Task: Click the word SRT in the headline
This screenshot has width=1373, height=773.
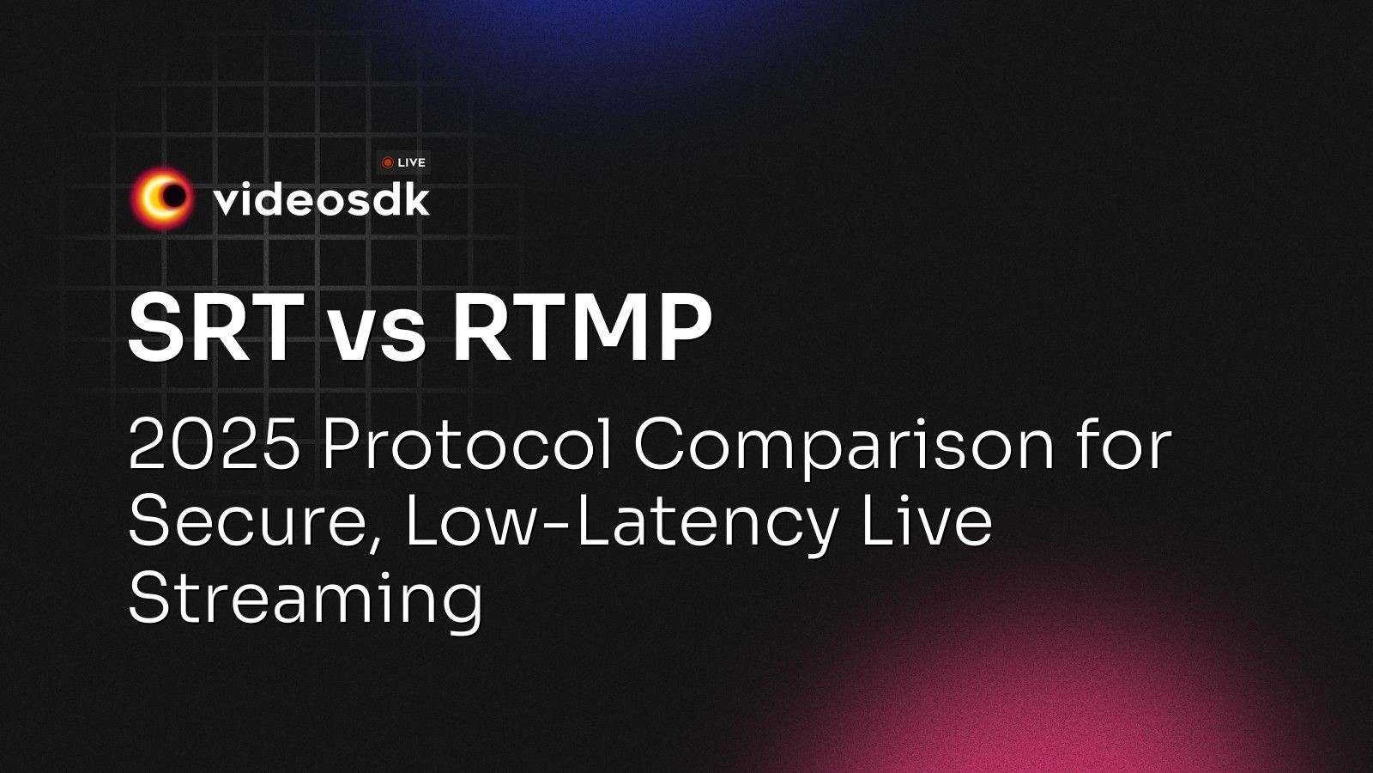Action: (x=215, y=328)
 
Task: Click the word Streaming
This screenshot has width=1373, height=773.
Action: (x=305, y=601)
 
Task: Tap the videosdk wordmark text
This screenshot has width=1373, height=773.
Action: (x=321, y=199)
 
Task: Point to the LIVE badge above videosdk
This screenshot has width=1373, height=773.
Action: (x=404, y=162)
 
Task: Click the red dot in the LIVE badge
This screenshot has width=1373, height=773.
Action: (x=388, y=162)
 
